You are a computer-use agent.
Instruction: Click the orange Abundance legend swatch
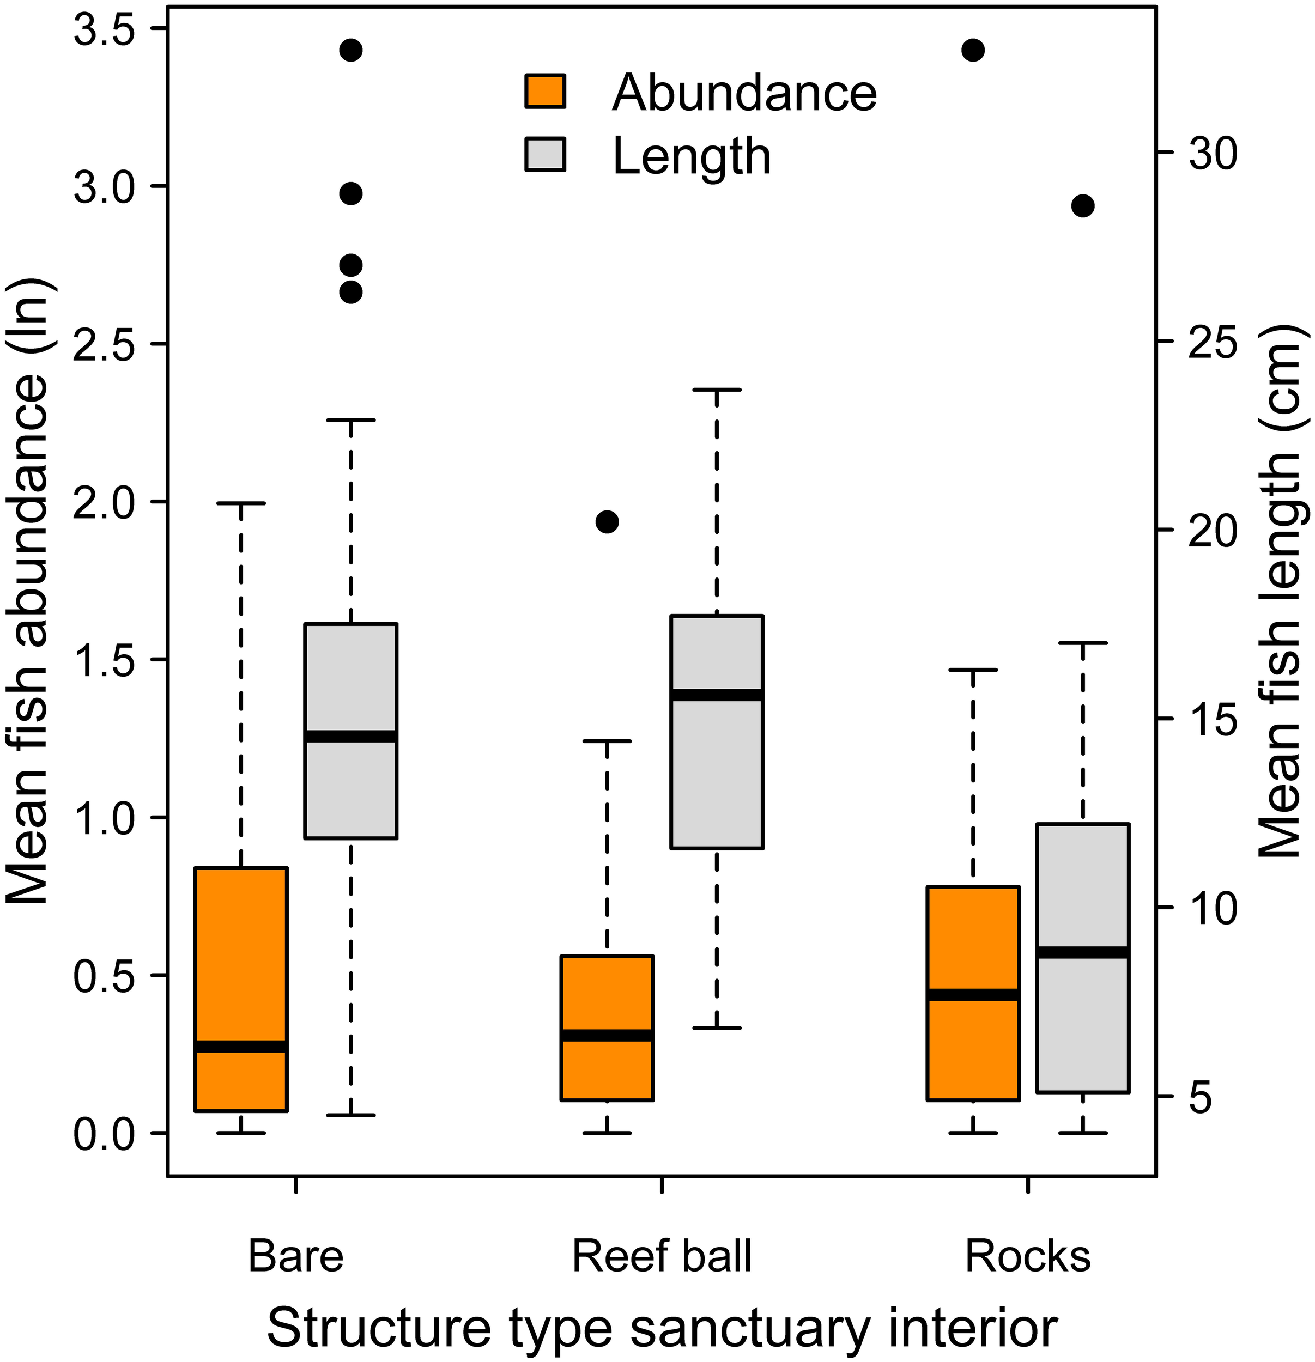[546, 91]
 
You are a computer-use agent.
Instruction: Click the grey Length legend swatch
[546, 154]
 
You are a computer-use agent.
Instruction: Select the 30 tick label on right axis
[1213, 154]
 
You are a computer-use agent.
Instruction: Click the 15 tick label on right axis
[1213, 719]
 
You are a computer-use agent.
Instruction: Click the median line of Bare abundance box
[241, 1047]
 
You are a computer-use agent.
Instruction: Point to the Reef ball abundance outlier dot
[608, 522]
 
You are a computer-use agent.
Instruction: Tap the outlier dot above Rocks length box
[1083, 206]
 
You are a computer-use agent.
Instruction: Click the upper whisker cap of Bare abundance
[241, 503]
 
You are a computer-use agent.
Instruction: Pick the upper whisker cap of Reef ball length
[717, 390]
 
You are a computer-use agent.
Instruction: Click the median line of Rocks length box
[1083, 952]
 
